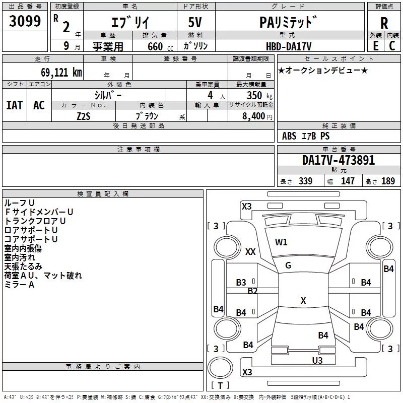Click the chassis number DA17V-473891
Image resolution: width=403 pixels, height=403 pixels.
coord(339,160)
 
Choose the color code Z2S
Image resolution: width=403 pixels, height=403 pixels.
coord(83,116)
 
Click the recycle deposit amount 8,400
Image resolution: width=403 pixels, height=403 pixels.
coord(253,116)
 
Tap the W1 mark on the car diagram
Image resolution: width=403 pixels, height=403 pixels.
coord(281,242)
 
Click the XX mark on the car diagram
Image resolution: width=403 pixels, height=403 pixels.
coord(250,252)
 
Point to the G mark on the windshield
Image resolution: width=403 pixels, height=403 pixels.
coord(288,265)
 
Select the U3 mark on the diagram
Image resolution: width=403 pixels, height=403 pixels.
coord(317,360)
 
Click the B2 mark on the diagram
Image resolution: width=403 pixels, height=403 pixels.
coord(252,291)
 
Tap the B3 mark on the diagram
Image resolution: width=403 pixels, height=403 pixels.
coord(241,283)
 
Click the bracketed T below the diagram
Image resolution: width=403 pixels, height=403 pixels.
coord(220,385)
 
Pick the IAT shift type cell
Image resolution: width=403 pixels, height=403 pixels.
coord(14,105)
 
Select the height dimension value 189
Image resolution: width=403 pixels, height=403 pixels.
coord(388,181)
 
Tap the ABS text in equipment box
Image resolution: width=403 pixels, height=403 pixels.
coord(289,136)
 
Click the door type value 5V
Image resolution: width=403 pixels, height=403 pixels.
coord(195,23)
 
